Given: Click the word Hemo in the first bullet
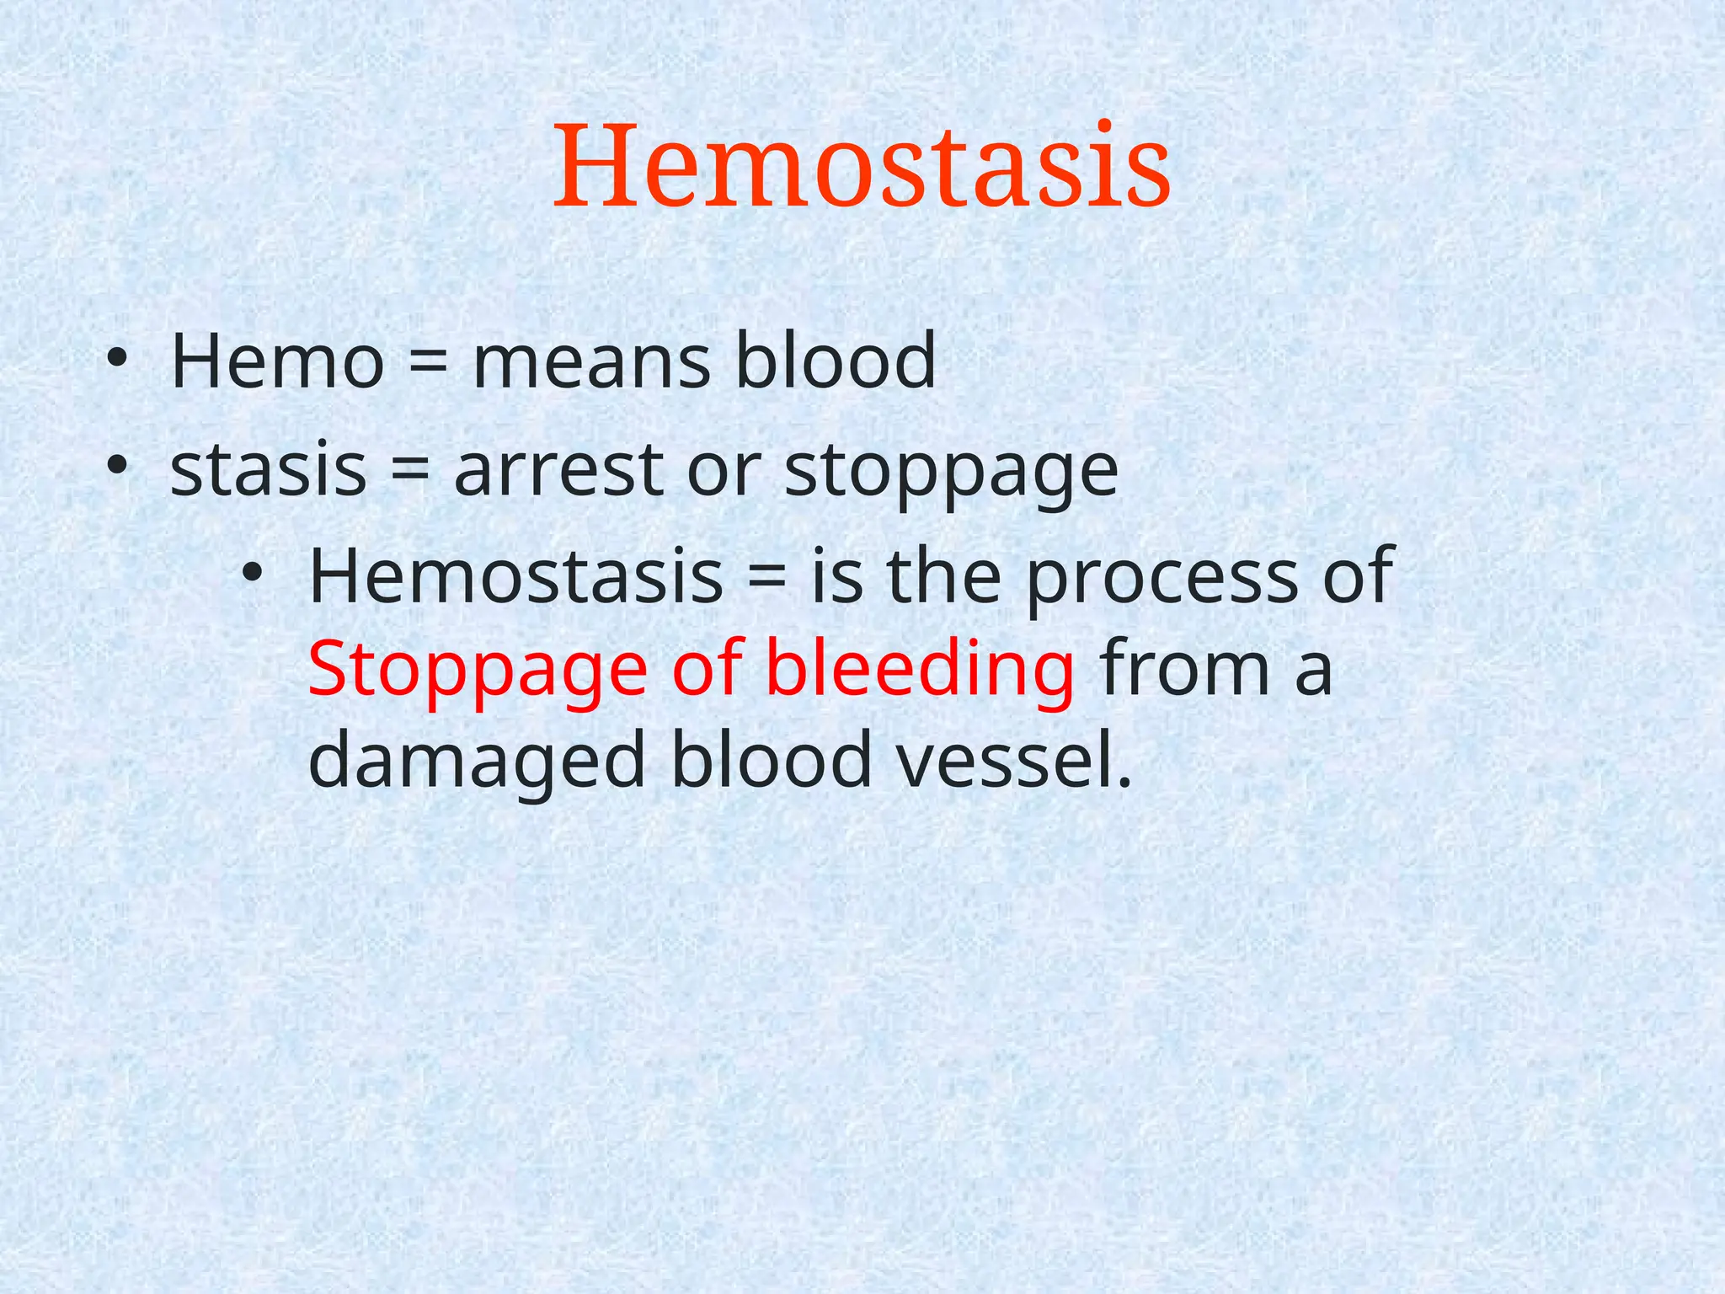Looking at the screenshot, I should [277, 361].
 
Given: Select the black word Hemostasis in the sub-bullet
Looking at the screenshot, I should [515, 576].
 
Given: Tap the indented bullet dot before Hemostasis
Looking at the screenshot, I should [252, 574].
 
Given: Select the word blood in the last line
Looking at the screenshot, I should [771, 761].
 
